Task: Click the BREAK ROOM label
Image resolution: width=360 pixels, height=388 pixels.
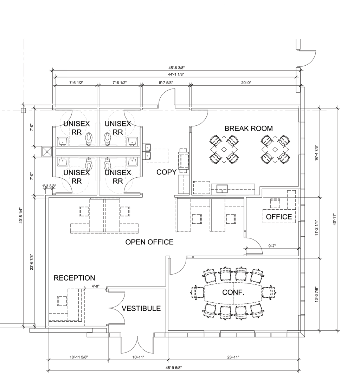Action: [249, 129]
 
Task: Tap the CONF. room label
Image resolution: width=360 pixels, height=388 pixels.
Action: [233, 292]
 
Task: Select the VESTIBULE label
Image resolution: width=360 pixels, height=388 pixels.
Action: [141, 308]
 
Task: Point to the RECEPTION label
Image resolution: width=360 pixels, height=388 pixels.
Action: [74, 278]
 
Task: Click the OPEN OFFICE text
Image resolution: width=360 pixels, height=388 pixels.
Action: [149, 242]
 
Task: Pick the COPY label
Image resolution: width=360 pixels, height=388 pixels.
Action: [167, 172]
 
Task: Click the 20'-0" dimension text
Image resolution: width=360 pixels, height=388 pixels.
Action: [246, 83]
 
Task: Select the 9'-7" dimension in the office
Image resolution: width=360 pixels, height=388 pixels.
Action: [272, 246]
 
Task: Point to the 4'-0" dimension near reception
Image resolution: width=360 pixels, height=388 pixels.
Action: [95, 286]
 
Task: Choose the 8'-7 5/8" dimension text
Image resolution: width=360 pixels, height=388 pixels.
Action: [166, 83]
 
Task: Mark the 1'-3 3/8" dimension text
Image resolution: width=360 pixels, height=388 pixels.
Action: [49, 186]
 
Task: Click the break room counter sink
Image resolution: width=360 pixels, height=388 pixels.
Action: [222, 189]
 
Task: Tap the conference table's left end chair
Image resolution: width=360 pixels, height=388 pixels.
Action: [198, 293]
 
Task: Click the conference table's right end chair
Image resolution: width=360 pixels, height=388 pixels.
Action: [269, 293]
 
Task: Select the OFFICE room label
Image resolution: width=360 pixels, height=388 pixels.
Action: [279, 217]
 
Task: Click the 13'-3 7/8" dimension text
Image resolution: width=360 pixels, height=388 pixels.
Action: [316, 294]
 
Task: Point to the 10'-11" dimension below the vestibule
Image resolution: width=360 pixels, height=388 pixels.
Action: [138, 357]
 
